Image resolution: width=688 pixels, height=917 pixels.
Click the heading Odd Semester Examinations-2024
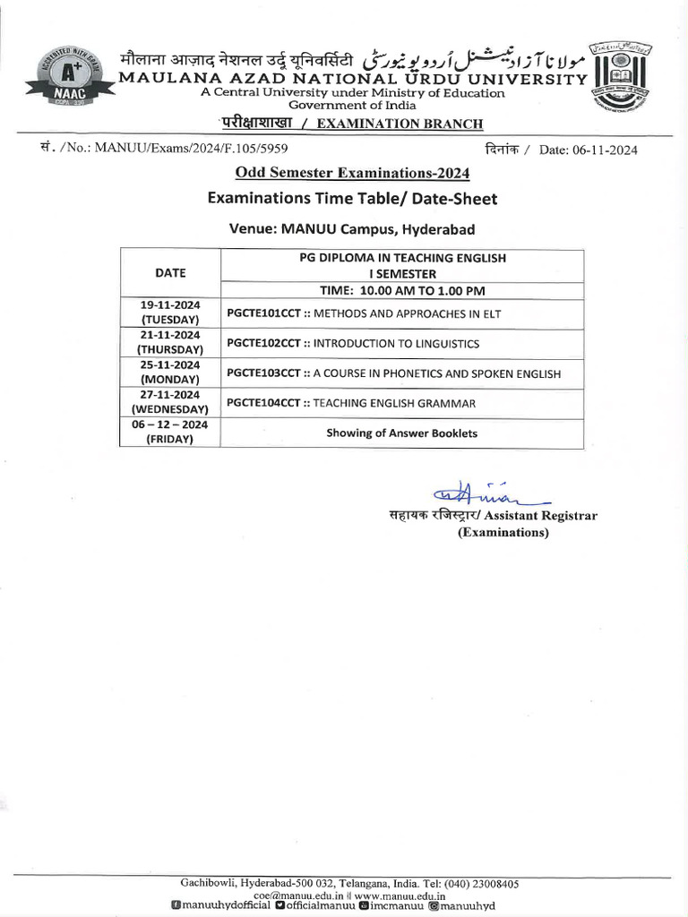[352, 172]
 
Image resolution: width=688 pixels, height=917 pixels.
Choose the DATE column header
[170, 273]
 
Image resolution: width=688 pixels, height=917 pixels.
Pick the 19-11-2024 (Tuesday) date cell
[170, 312]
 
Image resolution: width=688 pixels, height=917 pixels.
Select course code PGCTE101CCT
[264, 313]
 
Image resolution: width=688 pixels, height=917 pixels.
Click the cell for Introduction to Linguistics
[353, 343]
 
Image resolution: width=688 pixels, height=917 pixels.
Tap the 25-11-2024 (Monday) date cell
[170, 373]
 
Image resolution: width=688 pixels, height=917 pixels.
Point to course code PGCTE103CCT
[264, 373]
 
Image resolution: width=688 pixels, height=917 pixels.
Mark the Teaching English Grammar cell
[351, 404]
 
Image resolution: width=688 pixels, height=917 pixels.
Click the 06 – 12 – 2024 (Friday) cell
[170, 433]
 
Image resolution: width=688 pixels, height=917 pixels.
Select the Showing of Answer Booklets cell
[402, 433]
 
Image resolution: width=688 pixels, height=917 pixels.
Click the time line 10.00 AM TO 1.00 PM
[402, 290]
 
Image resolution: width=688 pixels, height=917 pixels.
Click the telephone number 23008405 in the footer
[491, 884]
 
